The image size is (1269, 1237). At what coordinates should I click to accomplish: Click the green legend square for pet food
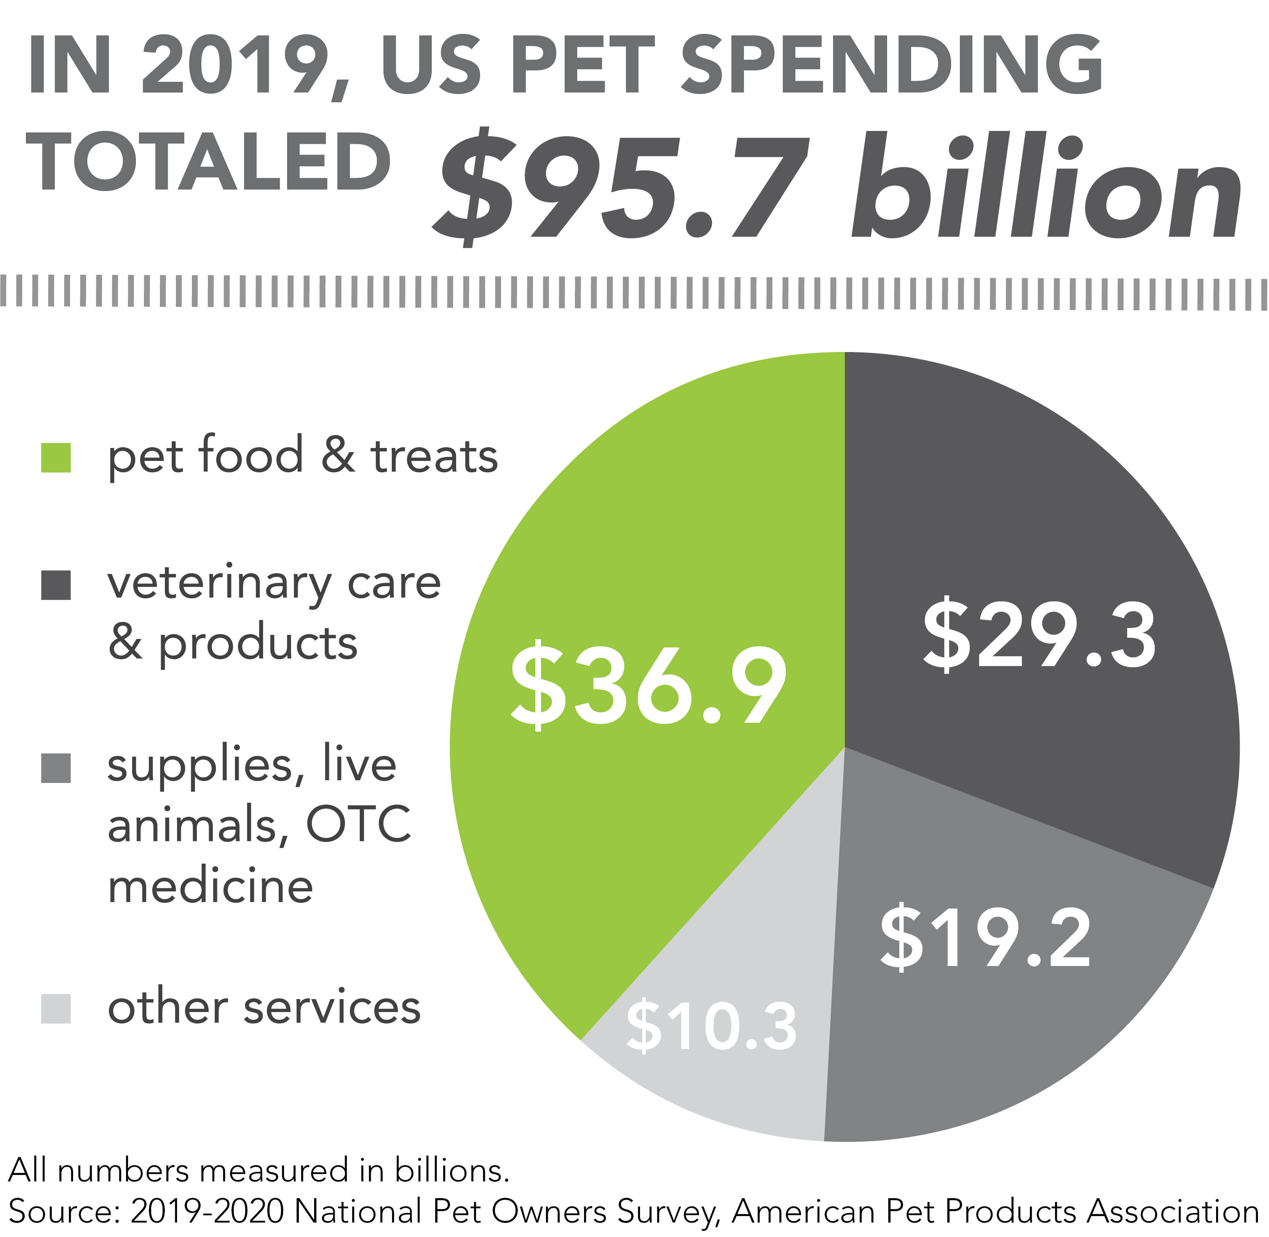[x=56, y=458]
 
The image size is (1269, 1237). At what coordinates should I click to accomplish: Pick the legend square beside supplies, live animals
[x=56, y=768]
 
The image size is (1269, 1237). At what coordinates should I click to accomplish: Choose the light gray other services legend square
[x=56, y=1009]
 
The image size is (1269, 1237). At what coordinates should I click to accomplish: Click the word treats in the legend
[x=434, y=456]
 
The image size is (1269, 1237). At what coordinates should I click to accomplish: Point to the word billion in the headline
[x=1046, y=188]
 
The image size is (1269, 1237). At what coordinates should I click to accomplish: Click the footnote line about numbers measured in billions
[x=259, y=1171]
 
